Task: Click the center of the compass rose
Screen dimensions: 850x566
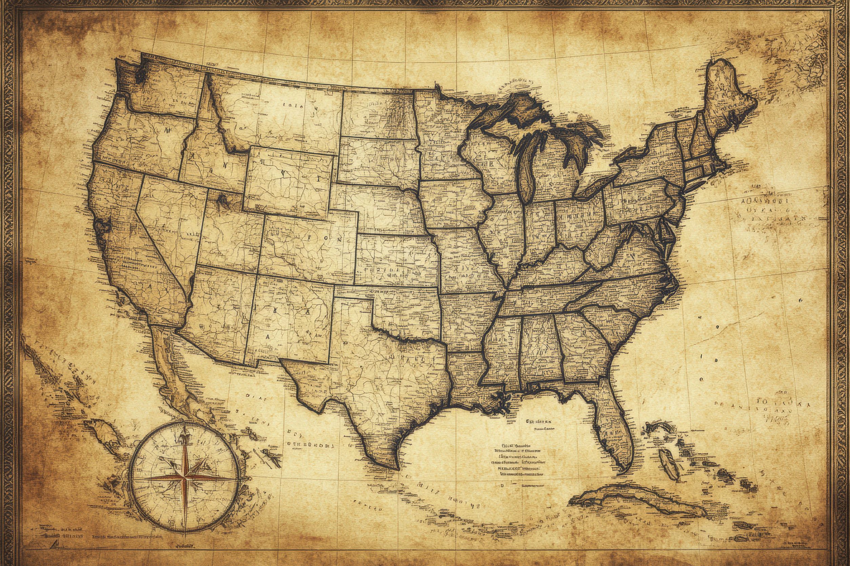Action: [x=184, y=478]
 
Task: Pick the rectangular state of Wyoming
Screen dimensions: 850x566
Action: [x=289, y=180]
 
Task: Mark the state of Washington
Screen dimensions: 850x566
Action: [x=163, y=90]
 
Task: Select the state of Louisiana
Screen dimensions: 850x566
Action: [x=466, y=379]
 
